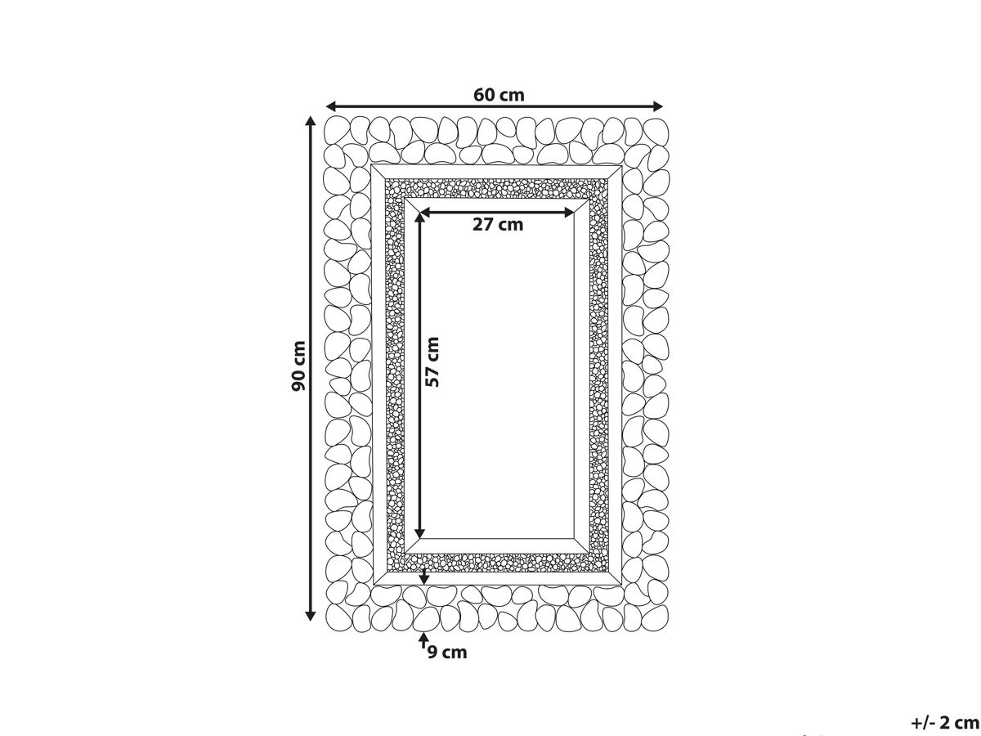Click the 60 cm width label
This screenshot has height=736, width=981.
[499, 95]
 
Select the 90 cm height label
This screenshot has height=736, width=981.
[298, 366]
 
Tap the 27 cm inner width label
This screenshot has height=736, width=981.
[497, 224]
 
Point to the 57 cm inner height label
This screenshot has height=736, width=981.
[432, 362]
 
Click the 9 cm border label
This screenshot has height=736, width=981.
[447, 653]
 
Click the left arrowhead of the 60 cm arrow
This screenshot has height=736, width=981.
[331, 106]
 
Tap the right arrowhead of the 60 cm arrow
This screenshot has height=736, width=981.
[657, 106]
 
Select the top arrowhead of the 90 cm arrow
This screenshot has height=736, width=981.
[310, 121]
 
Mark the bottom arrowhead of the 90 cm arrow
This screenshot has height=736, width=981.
[310, 616]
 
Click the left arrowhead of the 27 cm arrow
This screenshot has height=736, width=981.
[425, 213]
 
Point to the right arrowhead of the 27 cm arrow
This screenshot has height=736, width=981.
[569, 213]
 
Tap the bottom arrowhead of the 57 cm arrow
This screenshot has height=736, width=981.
[419, 533]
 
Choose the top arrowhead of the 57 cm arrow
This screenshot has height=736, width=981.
[419, 218]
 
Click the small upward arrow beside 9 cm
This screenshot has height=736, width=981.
[423, 640]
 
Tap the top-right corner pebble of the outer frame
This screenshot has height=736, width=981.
[656, 132]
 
